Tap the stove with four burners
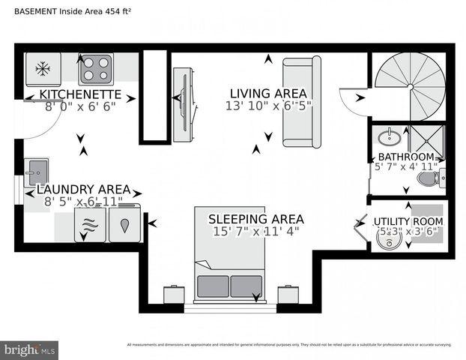pyautogui.click(x=96, y=68)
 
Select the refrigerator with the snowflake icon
pyautogui.click(x=43, y=69)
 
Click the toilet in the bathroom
pyautogui.click(x=429, y=178)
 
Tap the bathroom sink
pyautogui.click(x=389, y=137)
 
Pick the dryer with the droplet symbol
pyautogui.click(x=124, y=224)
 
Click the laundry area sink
pyautogui.click(x=36, y=172)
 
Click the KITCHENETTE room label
pyautogui.click(x=80, y=94)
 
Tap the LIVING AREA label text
pyautogui.click(x=269, y=93)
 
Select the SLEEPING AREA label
pyautogui.click(x=255, y=219)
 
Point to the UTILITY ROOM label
pyautogui.click(x=408, y=222)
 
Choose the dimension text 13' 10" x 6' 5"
pyautogui.click(x=269, y=106)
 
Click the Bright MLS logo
pyautogui.click(x=30, y=349)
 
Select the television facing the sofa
pyautogui.click(x=183, y=104)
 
